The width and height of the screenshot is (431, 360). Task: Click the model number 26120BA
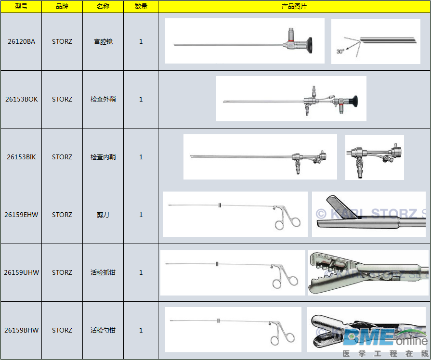pos(21,41)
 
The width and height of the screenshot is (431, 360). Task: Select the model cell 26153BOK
pos(21,99)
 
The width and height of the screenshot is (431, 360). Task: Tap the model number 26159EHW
pos(21,215)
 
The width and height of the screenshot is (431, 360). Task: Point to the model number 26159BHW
pos(21,330)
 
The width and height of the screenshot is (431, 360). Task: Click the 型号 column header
pos(21,6)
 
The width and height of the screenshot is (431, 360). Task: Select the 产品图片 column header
pos(294,6)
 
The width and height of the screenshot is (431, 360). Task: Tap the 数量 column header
pos(141,6)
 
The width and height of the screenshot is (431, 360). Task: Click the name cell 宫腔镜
pos(103,41)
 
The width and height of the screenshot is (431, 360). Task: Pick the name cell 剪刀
pos(103,215)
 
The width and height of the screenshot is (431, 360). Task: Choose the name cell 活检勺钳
pos(103,330)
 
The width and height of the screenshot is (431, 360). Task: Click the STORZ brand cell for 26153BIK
pos(62,157)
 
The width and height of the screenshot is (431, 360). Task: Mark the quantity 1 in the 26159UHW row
pos(141,272)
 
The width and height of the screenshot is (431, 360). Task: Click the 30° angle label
pos(340,51)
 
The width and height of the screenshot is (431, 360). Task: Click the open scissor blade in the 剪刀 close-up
pos(341,207)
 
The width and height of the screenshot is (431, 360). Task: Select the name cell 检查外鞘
pos(103,99)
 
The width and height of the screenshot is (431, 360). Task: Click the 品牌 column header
pos(62,6)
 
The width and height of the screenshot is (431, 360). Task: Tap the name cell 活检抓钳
pos(103,272)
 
